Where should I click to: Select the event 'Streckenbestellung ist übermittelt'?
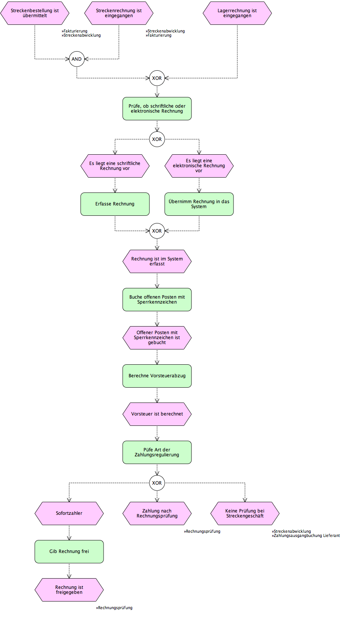click(x=35, y=13)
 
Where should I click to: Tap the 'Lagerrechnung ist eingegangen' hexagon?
click(x=237, y=13)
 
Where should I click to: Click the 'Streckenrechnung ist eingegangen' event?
click(x=119, y=13)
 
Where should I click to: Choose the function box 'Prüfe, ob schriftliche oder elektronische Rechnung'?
click(x=157, y=109)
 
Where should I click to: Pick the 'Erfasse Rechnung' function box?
click(x=115, y=204)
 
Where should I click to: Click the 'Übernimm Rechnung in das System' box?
click(x=199, y=204)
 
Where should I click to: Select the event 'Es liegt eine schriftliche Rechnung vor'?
click(x=115, y=166)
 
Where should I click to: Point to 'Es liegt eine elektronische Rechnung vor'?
click(x=199, y=166)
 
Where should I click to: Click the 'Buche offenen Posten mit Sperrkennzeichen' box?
click(x=157, y=300)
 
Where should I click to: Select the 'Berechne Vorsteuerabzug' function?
click(x=157, y=376)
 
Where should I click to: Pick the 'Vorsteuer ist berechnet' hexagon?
click(x=157, y=414)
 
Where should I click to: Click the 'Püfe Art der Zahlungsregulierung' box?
click(x=157, y=453)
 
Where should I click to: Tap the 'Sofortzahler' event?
click(x=69, y=513)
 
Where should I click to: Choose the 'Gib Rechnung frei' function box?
click(x=69, y=551)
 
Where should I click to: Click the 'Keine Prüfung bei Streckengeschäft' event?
click(x=245, y=513)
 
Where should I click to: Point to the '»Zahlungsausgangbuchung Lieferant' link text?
click(x=306, y=535)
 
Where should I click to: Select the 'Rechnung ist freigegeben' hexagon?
click(x=69, y=590)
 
